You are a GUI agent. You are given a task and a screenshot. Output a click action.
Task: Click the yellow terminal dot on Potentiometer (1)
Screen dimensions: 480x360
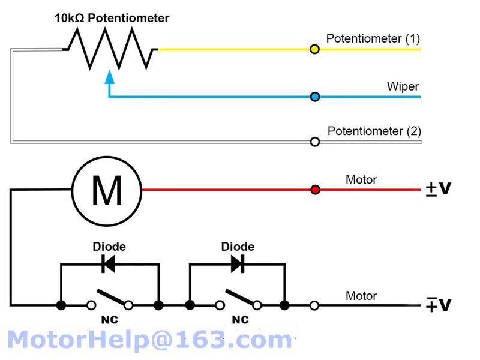314,49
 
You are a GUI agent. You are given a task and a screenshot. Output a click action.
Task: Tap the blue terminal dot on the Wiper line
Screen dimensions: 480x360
314,97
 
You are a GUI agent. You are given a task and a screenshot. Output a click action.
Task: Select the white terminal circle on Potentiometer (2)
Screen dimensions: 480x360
315,142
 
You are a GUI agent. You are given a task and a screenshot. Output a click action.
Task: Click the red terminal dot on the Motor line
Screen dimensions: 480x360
315,190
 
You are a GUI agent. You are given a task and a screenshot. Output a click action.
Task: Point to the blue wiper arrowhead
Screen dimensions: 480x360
110,77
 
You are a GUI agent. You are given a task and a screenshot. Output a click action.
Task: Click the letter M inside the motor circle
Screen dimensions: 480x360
107,190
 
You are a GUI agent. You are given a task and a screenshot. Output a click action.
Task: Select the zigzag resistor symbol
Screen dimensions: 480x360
110,49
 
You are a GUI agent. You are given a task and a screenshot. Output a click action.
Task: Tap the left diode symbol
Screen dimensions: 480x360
109,264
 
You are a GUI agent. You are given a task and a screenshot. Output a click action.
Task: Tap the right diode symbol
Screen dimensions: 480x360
238,264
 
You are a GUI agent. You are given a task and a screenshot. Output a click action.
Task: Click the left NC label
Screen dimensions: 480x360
110,320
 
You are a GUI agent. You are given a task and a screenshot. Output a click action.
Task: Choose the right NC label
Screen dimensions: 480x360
241,320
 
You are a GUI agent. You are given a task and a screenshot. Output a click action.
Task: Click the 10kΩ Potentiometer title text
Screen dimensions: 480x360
112,18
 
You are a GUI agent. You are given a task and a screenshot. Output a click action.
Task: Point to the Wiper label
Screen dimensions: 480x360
403,86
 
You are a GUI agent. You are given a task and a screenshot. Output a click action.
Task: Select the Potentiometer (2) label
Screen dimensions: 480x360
374,131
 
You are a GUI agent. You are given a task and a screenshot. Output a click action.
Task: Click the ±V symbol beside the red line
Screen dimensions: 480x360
439,188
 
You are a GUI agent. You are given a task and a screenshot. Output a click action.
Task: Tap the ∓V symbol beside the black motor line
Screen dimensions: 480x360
439,305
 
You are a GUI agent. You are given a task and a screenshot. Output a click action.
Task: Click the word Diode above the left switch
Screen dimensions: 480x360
109,247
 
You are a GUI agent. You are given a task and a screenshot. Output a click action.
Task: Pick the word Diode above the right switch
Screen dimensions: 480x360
238,247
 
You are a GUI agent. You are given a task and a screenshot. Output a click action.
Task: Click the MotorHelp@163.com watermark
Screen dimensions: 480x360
149,340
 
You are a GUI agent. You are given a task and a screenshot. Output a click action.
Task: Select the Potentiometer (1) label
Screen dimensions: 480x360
373,38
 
